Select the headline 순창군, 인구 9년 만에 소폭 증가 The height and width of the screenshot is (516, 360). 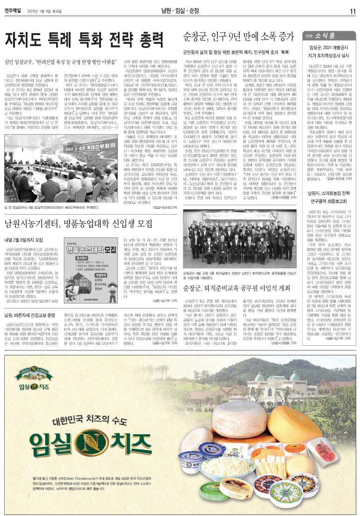click(237, 36)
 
